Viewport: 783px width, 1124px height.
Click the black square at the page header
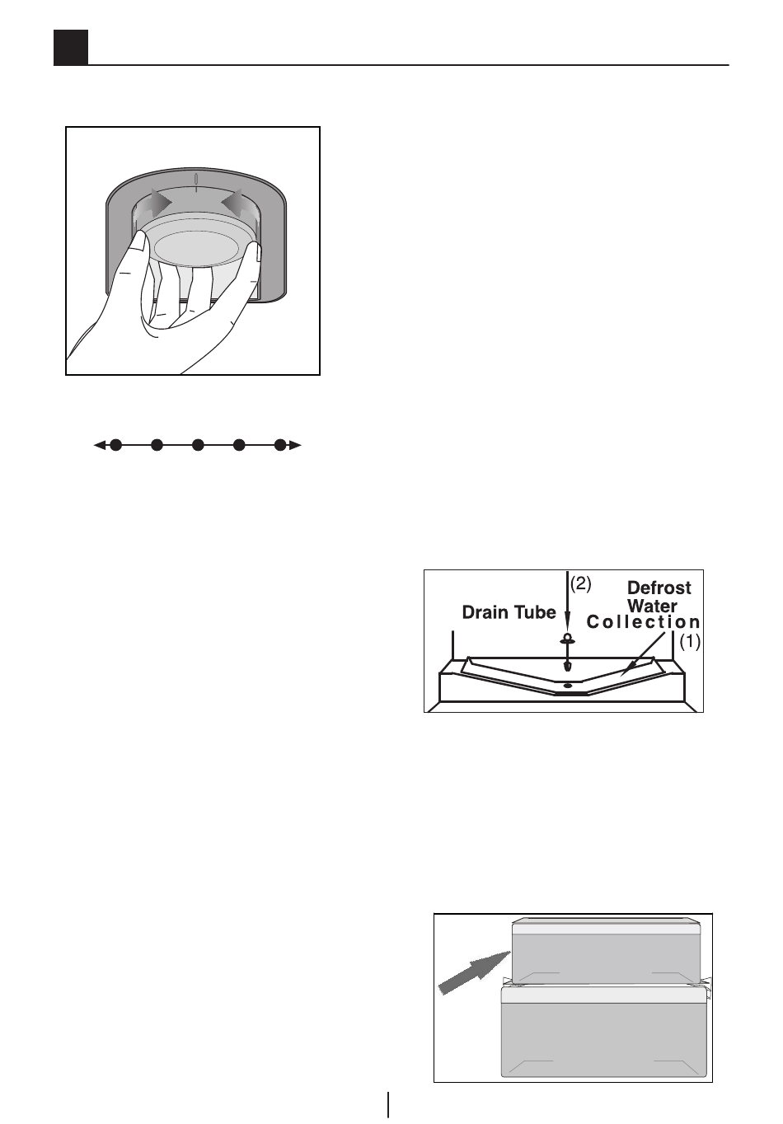[x=71, y=48]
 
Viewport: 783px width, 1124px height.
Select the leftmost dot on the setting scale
[x=116, y=445]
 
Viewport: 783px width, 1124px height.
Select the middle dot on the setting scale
[x=198, y=445]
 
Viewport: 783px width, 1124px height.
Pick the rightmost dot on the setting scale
[x=280, y=445]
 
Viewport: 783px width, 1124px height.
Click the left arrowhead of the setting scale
[x=99, y=445]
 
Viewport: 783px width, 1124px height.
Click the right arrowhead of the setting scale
[x=297, y=445]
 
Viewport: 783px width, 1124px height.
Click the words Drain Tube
[x=509, y=612]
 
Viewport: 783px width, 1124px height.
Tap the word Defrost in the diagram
[x=659, y=588]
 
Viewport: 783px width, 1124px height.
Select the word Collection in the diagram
[x=643, y=622]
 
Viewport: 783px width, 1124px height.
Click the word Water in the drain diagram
[x=652, y=606]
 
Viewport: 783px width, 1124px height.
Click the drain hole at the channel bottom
[x=567, y=685]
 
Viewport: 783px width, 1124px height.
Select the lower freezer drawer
[x=605, y=1033]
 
